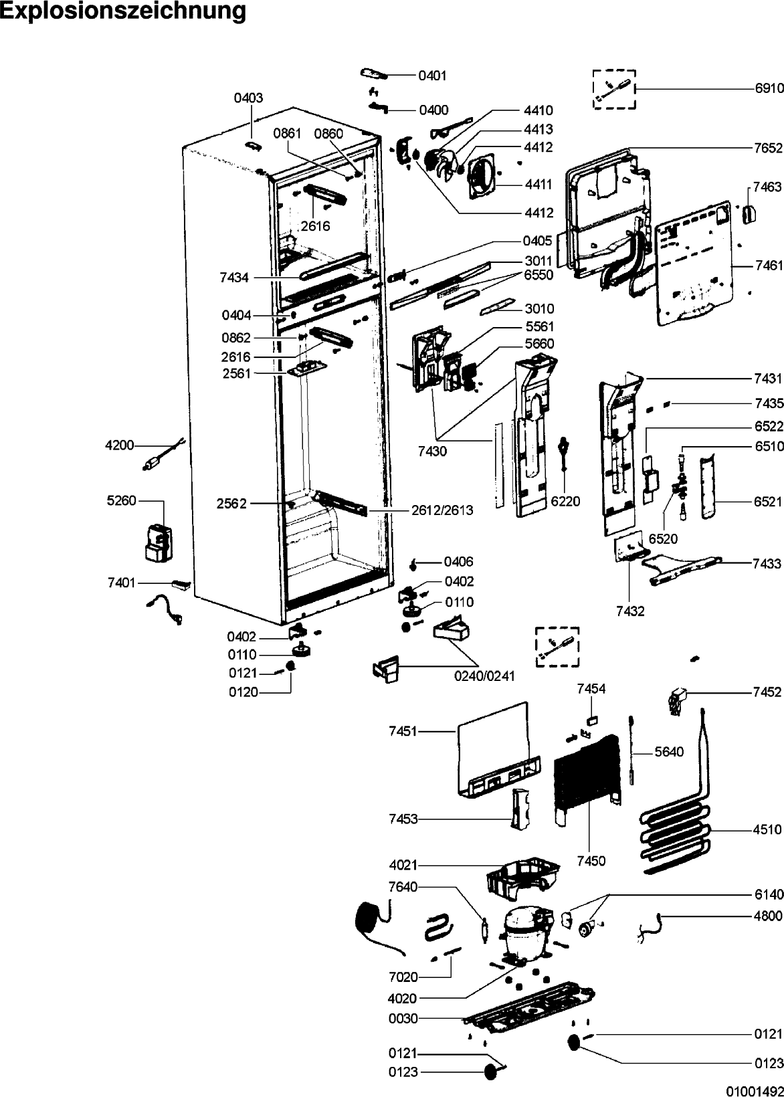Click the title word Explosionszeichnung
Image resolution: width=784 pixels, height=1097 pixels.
click(x=123, y=11)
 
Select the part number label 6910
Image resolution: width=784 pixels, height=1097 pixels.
click(x=769, y=89)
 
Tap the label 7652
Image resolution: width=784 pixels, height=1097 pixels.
click(x=769, y=148)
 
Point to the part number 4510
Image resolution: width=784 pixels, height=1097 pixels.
click(x=768, y=829)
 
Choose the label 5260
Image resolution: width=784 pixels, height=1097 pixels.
click(x=122, y=500)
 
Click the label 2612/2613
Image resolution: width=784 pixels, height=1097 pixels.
click(x=442, y=510)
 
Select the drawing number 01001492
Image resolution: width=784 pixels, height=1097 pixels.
click(x=755, y=1091)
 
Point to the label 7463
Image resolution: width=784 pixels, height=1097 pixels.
click(x=767, y=187)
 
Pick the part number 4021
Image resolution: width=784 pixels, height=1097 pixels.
click(x=403, y=865)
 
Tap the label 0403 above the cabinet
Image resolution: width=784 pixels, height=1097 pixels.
click(x=248, y=98)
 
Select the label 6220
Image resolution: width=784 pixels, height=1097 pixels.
click(x=565, y=501)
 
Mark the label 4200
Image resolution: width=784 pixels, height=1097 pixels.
click(x=120, y=445)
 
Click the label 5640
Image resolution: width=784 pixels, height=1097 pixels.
click(x=669, y=751)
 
